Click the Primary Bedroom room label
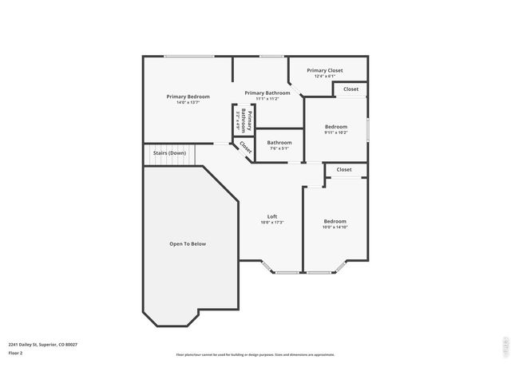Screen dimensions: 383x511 pos(188,96)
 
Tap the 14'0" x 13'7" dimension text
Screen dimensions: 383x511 pos(188,102)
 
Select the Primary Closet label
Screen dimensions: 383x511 pos(325,70)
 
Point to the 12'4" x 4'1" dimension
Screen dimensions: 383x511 pos(325,77)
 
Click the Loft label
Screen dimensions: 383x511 pos(271,216)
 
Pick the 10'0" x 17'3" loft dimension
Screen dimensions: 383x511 pos(271,223)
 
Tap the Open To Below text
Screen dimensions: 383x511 pos(188,243)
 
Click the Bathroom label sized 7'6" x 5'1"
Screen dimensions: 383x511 pos(279,143)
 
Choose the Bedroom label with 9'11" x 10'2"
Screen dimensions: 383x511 pos(336,126)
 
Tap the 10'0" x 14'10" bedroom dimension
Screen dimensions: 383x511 pos(335,227)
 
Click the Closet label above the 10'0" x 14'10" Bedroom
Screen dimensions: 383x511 pos(344,169)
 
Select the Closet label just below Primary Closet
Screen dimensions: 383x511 pos(351,89)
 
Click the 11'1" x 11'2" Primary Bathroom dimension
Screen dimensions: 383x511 pos(267,99)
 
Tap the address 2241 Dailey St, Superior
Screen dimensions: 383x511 pos(43,344)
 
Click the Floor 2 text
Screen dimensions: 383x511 pos(16,353)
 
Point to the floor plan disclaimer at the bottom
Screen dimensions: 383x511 pos(255,355)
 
